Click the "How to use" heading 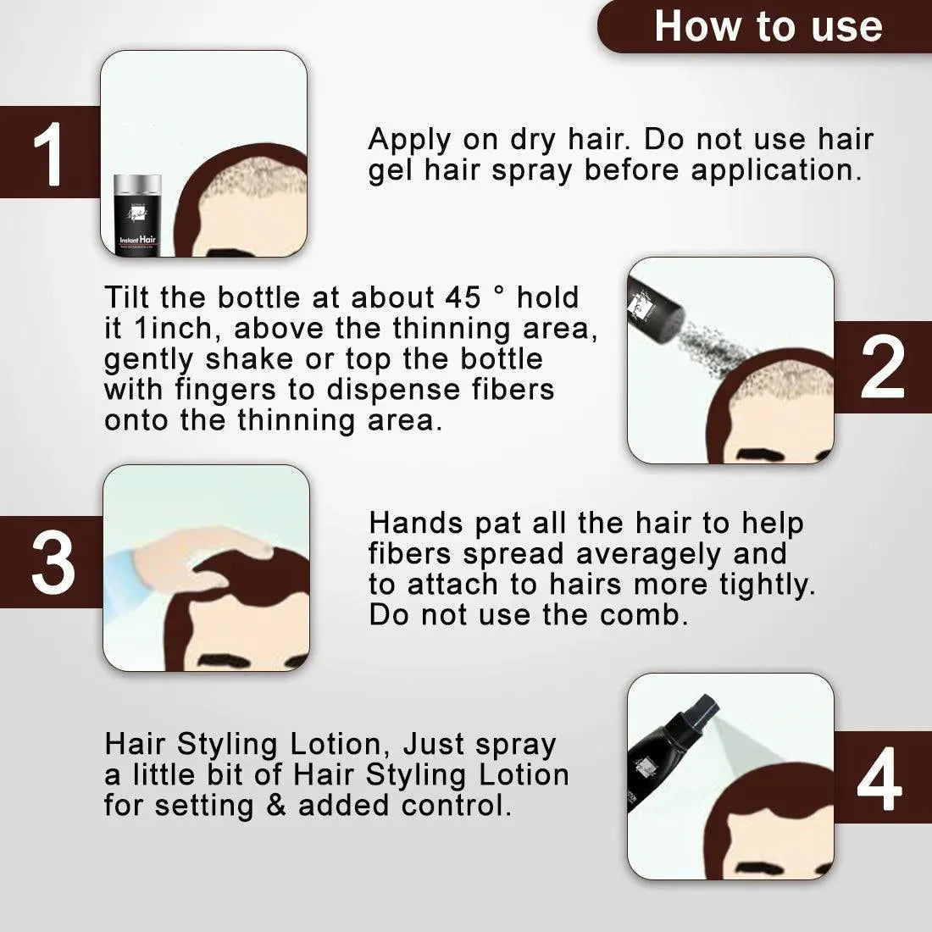[x=768, y=27]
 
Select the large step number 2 [x=883, y=367]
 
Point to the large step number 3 [x=53, y=562]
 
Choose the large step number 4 [x=879, y=779]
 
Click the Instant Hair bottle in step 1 [x=137, y=214]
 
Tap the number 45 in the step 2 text [x=463, y=297]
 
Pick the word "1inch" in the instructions [x=174, y=328]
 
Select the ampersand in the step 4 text [x=276, y=806]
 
